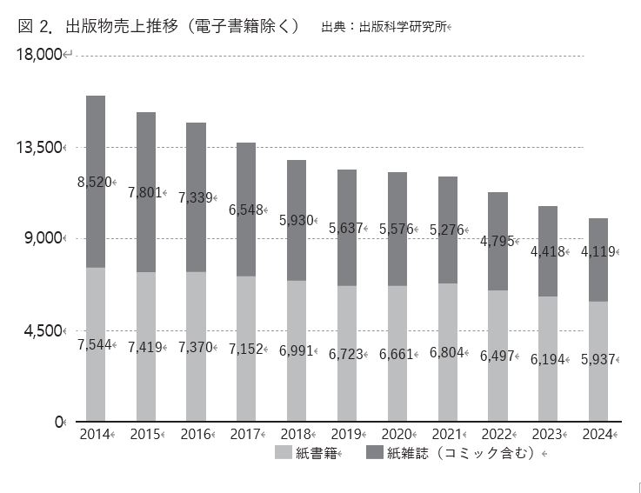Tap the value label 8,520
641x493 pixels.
94,182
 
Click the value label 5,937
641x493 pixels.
598,359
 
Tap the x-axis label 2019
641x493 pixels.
346,434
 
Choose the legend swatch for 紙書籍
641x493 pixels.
283,452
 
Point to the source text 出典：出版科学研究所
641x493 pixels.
384,27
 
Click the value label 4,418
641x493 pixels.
547,252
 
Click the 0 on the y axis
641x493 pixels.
59,423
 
